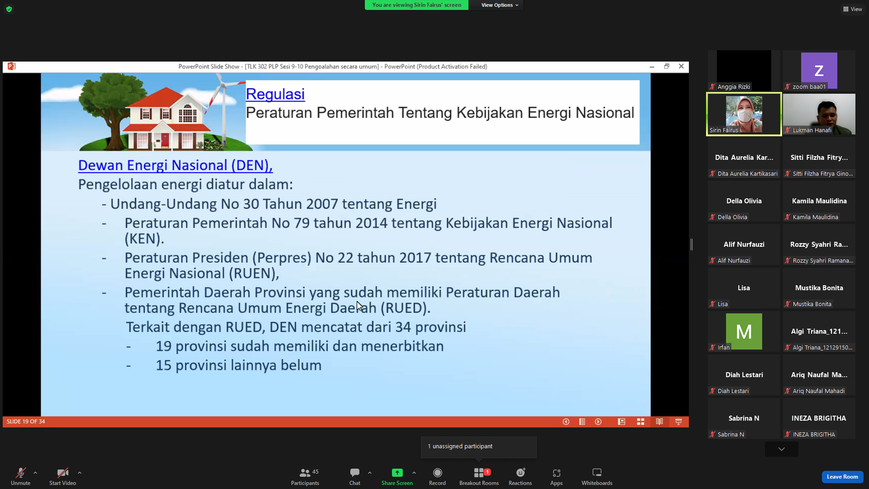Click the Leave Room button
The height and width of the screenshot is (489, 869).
[842, 477]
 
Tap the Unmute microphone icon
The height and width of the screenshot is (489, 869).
[21, 473]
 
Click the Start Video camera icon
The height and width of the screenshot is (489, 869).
[62, 473]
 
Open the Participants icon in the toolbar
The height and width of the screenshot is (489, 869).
[305, 473]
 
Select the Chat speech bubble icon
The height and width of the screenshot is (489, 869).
[355, 473]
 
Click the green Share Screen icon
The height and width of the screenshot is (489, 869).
[397, 473]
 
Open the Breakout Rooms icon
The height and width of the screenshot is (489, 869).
[479, 473]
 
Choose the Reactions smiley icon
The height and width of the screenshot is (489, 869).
[520, 473]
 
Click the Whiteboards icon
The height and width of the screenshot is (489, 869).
[597, 473]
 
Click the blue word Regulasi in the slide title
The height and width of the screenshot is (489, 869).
[275, 94]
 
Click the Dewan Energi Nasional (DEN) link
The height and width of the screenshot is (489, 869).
[175, 165]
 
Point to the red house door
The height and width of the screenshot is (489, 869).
[165, 140]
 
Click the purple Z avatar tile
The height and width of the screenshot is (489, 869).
[819, 70]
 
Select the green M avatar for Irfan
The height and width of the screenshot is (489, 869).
[744, 331]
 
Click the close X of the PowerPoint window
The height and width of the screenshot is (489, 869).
[681, 66]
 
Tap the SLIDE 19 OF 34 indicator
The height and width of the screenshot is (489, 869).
[26, 422]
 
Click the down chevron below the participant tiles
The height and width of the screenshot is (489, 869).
[782, 449]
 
